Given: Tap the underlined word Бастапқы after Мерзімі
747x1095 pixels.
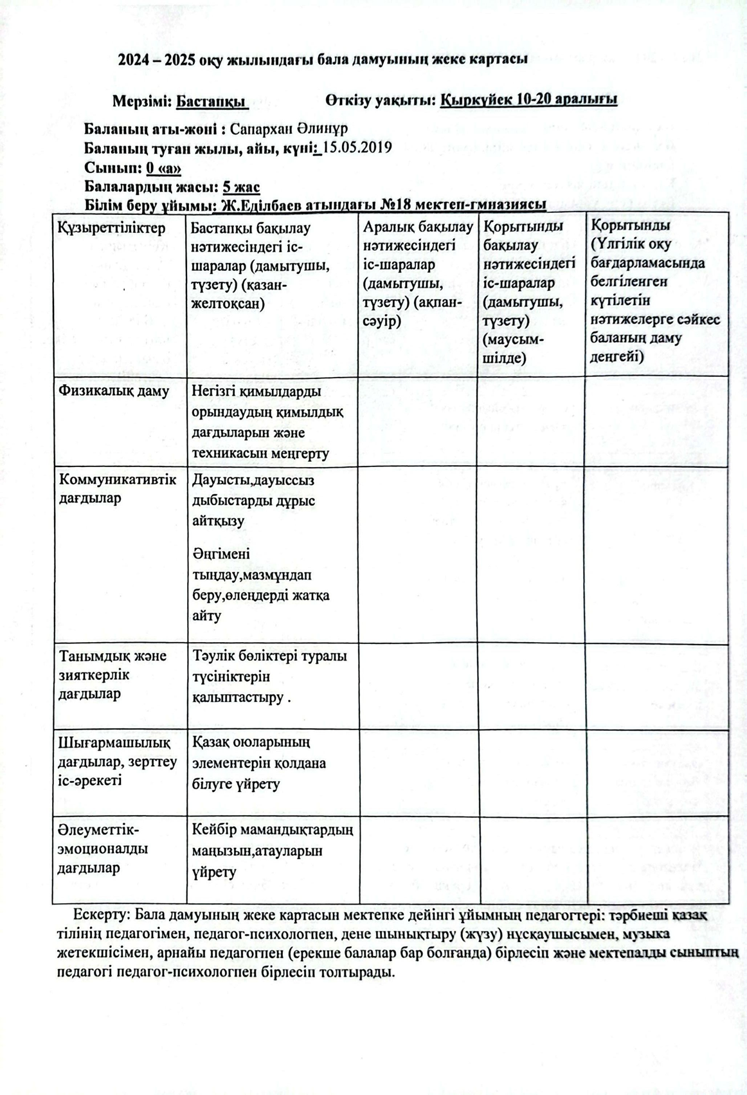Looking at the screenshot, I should pyautogui.click(x=212, y=101).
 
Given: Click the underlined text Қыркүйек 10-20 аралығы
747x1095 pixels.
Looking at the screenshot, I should pyautogui.click(x=530, y=100).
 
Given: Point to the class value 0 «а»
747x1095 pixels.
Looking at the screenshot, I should pyautogui.click(x=163, y=168).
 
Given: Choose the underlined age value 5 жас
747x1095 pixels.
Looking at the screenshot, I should pyautogui.click(x=240, y=187).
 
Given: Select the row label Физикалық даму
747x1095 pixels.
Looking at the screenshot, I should pyautogui.click(x=114, y=391).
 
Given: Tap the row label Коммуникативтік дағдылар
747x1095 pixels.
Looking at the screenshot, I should pyautogui.click(x=117, y=489).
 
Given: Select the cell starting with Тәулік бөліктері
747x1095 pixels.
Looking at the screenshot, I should pyautogui.click(x=269, y=676).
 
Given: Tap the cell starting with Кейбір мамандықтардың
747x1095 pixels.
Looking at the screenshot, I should pyautogui.click(x=272, y=851).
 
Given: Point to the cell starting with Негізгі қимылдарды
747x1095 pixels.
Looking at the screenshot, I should pyautogui.click(x=267, y=422).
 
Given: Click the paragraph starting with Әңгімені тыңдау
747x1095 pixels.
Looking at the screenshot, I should pyautogui.click(x=260, y=584).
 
